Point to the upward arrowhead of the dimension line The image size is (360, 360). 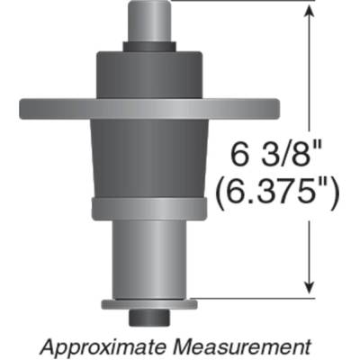(x=311, y=11)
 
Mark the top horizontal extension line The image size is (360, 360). (x=243, y=2)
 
